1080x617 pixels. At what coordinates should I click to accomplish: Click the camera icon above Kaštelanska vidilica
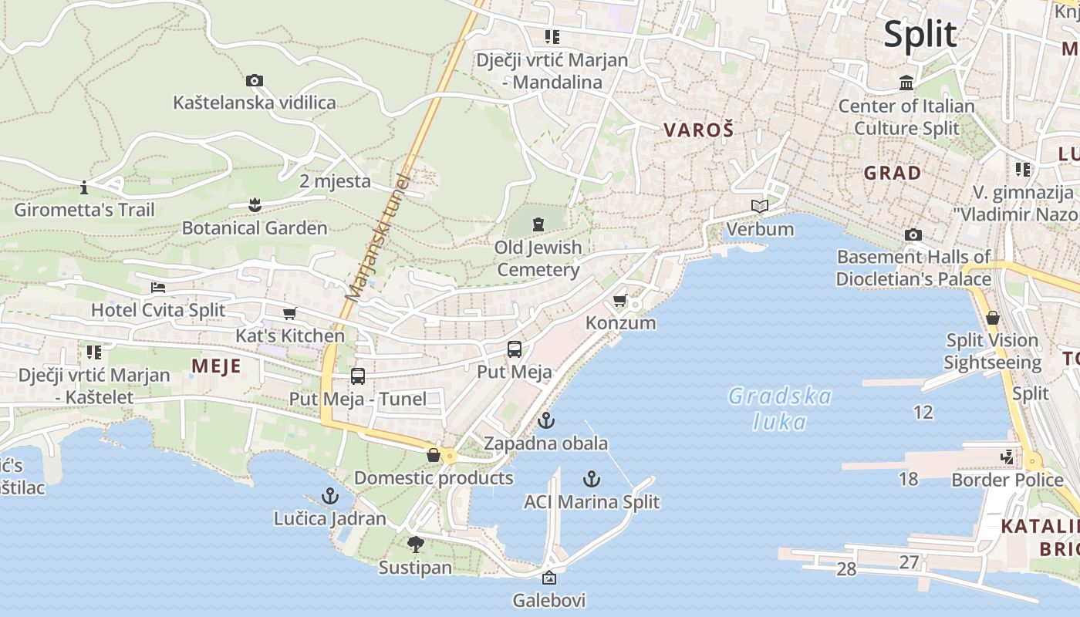point(254,80)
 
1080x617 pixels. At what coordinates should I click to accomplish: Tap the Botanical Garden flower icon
point(254,204)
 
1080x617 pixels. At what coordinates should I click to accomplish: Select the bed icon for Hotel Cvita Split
point(158,288)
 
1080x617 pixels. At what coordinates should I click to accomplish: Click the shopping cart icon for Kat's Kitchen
point(289,313)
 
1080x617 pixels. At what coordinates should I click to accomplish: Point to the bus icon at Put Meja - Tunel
point(357,376)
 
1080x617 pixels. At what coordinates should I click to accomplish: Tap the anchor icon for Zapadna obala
point(545,420)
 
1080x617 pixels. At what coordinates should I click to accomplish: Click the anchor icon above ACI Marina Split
point(591,479)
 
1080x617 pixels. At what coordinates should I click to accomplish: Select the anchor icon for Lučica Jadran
point(330,495)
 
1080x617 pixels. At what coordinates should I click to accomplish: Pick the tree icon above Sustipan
point(415,545)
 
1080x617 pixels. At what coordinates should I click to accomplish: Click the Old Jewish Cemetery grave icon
point(538,224)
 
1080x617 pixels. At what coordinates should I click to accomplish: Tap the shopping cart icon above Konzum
point(619,300)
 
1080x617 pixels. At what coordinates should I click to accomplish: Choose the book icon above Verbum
point(760,206)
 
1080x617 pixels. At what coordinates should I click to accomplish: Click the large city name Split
point(920,35)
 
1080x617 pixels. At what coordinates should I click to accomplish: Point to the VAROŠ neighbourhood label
point(698,130)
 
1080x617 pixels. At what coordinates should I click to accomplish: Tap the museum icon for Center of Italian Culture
point(906,83)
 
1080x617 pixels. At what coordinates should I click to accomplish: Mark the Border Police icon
point(1007,457)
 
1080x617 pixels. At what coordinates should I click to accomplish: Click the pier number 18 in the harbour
point(909,479)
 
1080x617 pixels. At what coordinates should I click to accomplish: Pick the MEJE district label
point(216,366)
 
